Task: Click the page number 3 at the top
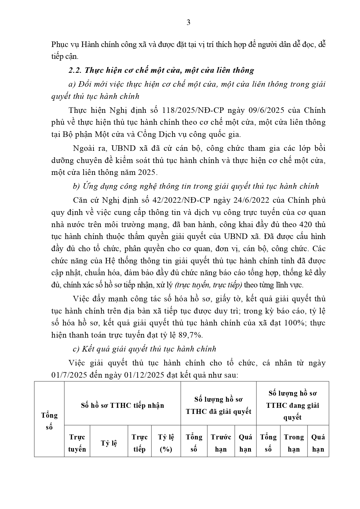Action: [188, 23]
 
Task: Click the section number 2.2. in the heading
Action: [76, 70]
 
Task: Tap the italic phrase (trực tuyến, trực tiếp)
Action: [209, 285]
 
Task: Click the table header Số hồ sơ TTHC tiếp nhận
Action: [122, 405]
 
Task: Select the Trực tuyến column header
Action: [77, 443]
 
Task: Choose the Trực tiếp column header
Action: [140, 443]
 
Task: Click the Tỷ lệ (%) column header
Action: [166, 443]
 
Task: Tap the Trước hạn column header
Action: [221, 443]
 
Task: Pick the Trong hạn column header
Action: [294, 443]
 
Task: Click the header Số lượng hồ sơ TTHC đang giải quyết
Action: [292, 405]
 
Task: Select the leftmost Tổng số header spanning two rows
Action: [49, 421]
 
